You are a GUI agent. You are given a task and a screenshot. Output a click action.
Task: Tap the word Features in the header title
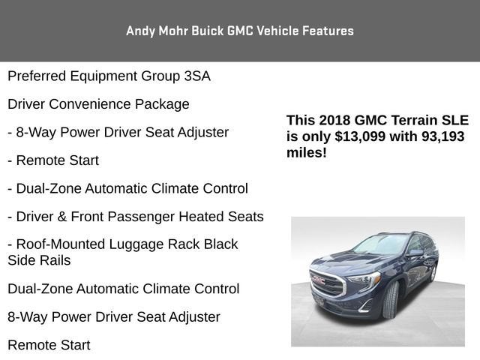pos(328,31)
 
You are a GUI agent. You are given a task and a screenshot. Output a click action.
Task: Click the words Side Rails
pos(39,261)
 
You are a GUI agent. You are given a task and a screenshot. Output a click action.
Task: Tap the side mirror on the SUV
pos(415,253)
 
